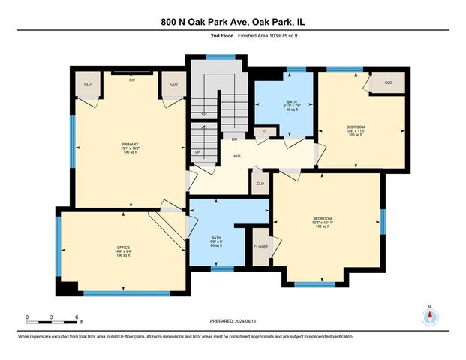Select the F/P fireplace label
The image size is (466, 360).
[x=132, y=79]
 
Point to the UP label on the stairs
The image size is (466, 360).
[x=198, y=152]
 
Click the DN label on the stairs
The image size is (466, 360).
[x=234, y=139]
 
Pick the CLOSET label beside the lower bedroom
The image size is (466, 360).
[x=260, y=245]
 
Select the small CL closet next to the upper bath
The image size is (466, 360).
[x=264, y=132]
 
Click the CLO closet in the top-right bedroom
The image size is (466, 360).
[x=389, y=82]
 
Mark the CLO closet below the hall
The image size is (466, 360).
[x=260, y=184]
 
